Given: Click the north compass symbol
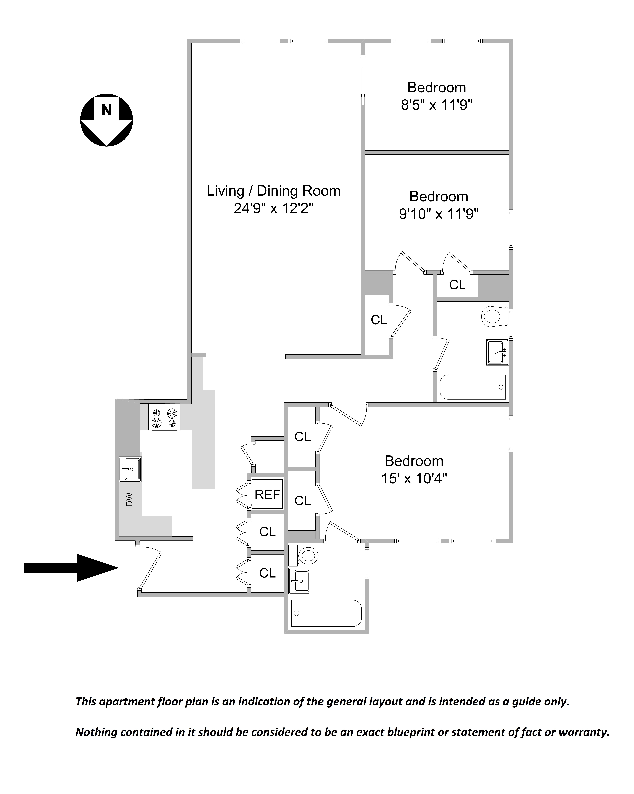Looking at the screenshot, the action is click(x=106, y=120).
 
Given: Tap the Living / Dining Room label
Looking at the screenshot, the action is click(x=273, y=191).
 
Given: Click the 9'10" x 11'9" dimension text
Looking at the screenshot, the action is click(x=439, y=214).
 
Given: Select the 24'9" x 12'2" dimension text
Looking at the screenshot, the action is click(x=273, y=209).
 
